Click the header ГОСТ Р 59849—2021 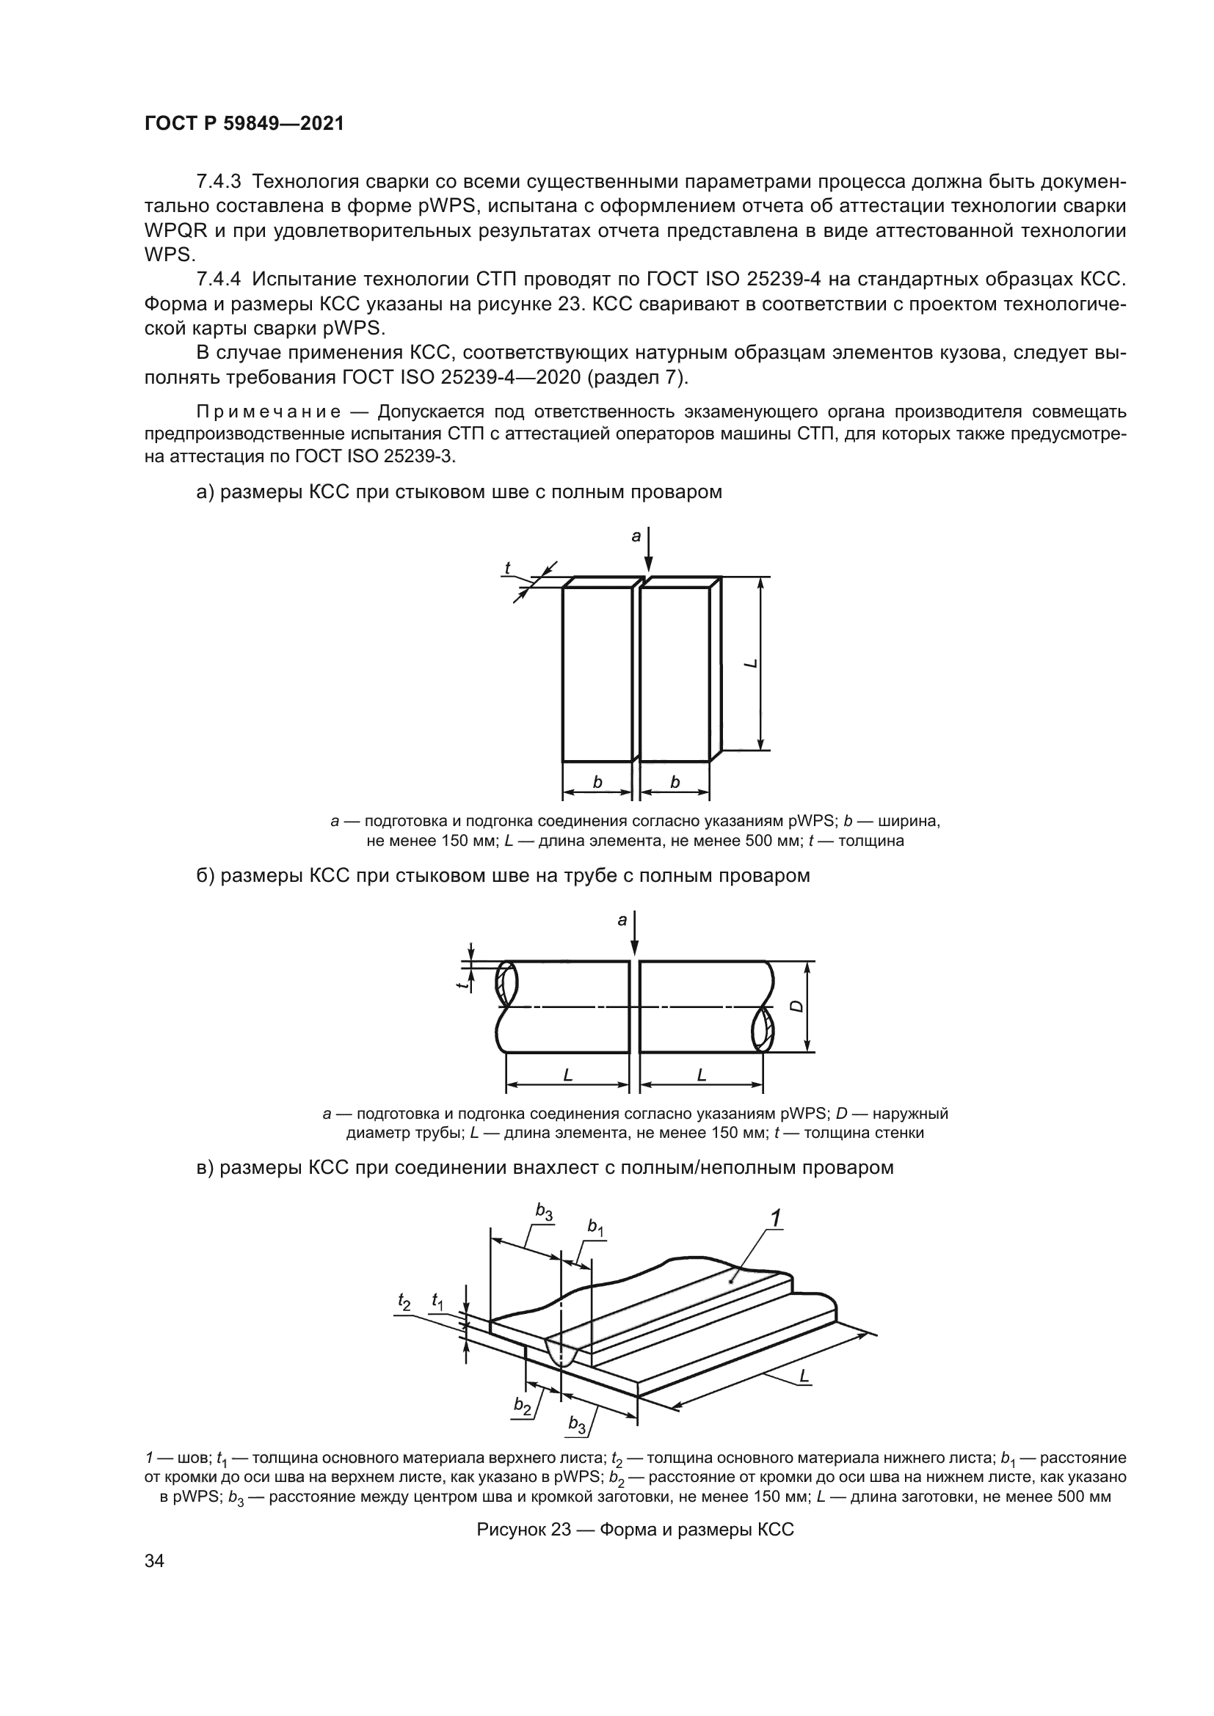pos(244,124)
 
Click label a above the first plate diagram pos(636,536)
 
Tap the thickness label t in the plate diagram pos(508,569)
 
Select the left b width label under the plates pos(597,782)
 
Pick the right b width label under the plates pos(675,782)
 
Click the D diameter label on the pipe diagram pos(798,1006)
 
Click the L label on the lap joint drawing pos(804,1374)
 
